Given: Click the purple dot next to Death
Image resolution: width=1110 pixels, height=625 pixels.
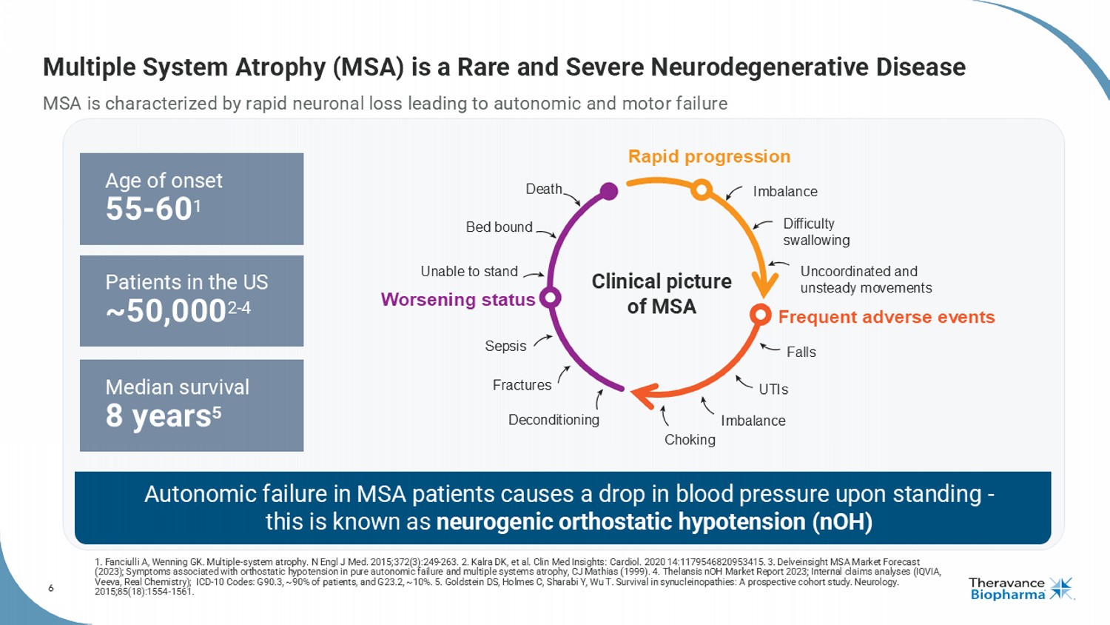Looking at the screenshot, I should tap(609, 191).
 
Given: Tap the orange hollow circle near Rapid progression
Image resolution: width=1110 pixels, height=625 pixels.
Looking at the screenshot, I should tap(702, 190).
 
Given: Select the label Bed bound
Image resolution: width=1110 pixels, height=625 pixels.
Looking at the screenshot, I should tap(499, 227).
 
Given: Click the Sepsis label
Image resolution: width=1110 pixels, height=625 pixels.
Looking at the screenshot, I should tap(505, 346).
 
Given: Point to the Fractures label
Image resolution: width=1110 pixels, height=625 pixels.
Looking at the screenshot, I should tap(522, 385).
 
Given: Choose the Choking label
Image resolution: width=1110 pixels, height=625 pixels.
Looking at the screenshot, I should tap(690, 440).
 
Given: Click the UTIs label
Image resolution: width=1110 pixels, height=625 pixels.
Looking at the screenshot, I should tap(773, 390).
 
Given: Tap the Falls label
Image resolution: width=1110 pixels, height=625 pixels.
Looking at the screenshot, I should tap(801, 352).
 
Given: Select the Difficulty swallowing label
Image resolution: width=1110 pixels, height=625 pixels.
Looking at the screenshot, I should tap(815, 232).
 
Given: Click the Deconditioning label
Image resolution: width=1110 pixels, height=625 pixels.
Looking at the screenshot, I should tap(554, 420).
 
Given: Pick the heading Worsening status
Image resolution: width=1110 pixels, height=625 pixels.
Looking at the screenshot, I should tap(457, 300).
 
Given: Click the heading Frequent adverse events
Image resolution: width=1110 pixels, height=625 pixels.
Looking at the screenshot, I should tap(886, 317).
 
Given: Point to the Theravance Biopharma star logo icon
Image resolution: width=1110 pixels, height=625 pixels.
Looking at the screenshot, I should tap(1060, 589).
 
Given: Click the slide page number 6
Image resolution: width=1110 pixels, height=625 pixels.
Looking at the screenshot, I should tap(51, 588).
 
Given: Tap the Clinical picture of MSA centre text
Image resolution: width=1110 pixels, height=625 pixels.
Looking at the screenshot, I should tap(662, 293).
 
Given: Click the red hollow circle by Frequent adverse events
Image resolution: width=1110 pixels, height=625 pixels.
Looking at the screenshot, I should tap(760, 315).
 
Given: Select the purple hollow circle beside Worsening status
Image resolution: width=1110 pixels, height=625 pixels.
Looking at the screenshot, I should tap(550, 298).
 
